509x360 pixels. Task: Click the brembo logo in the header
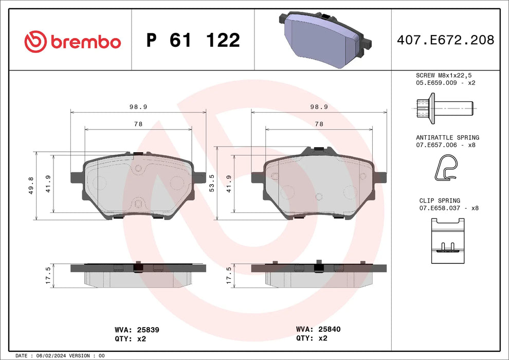pyautogui.click(x=72, y=41)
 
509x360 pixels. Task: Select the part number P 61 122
pyautogui.click(x=193, y=40)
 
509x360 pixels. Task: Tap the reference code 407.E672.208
pyautogui.click(x=446, y=40)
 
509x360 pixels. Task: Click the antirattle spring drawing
pyautogui.click(x=445, y=170)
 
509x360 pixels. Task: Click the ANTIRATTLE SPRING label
pyautogui.click(x=447, y=138)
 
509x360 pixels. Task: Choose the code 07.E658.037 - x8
pyautogui.click(x=446, y=208)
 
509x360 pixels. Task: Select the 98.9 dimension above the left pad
pyautogui.click(x=138, y=106)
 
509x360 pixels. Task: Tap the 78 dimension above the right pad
pyautogui.click(x=319, y=124)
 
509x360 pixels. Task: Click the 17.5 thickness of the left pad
pyautogui.click(x=48, y=275)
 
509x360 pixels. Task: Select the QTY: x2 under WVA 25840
pyautogui.click(x=312, y=338)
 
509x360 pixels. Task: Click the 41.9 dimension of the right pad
pyautogui.click(x=229, y=184)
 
